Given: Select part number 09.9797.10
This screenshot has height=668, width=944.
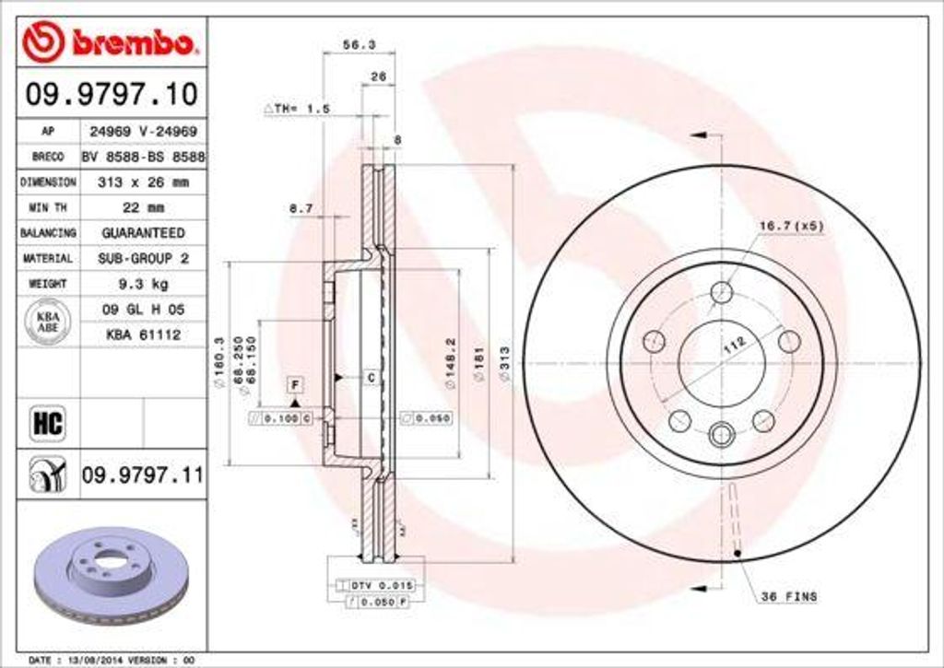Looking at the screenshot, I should (x=109, y=93).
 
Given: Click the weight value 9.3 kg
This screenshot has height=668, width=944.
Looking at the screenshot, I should (x=142, y=284).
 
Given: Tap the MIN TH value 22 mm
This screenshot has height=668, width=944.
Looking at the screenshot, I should (x=142, y=207).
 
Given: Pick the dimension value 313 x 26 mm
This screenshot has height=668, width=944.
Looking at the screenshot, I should (x=142, y=182).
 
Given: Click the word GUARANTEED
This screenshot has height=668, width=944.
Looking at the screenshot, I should (x=142, y=233).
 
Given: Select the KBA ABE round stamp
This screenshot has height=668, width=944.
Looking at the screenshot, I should (x=47, y=323).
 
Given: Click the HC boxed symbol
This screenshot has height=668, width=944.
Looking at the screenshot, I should (x=47, y=423).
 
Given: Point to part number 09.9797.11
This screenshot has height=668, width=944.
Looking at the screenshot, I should (x=142, y=475).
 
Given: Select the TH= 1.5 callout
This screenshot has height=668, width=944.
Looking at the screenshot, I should (x=297, y=109).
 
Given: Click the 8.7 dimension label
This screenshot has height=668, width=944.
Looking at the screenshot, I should (x=301, y=209).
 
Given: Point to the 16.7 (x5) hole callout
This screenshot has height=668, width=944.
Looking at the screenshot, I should (x=791, y=226).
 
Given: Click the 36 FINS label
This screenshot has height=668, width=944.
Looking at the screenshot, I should (x=788, y=597).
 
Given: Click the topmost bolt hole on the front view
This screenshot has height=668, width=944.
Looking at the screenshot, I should (x=722, y=292).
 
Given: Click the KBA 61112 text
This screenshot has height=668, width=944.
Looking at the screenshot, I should (x=142, y=335).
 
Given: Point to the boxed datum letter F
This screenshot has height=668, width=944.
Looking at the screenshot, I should (x=296, y=384).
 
